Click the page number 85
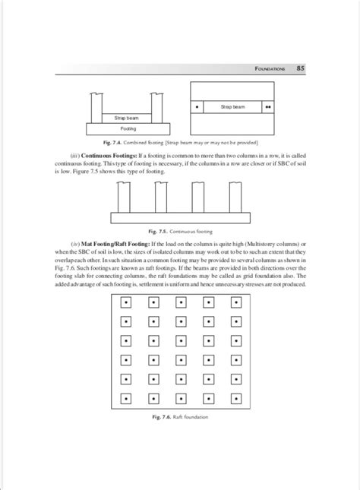click(301, 68)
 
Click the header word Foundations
click(269, 69)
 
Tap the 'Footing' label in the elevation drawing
click(128, 128)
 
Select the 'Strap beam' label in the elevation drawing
click(128, 118)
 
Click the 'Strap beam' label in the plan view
click(232, 107)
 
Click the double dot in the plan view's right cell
click(267, 107)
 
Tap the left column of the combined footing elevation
click(96, 106)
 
